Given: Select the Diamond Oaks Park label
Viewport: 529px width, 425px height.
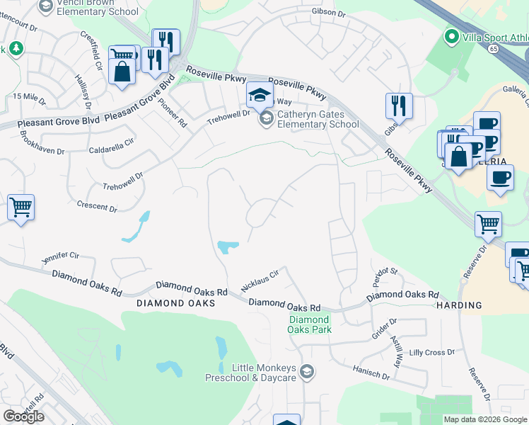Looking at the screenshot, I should [x=309, y=324].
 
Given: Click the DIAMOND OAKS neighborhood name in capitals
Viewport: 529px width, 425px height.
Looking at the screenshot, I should [x=175, y=302].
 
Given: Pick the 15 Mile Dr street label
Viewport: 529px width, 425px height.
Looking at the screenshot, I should [x=28, y=96].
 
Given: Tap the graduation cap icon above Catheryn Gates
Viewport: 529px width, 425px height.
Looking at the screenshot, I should [x=259, y=94].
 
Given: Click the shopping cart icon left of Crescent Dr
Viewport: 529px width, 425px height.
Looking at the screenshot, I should [x=21, y=208].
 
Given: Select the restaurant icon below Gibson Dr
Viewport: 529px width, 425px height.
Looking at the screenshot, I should [x=399, y=106].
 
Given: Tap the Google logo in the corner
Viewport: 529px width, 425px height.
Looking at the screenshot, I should [x=23, y=416].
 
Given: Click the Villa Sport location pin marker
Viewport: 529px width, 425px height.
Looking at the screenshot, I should [x=450, y=35].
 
